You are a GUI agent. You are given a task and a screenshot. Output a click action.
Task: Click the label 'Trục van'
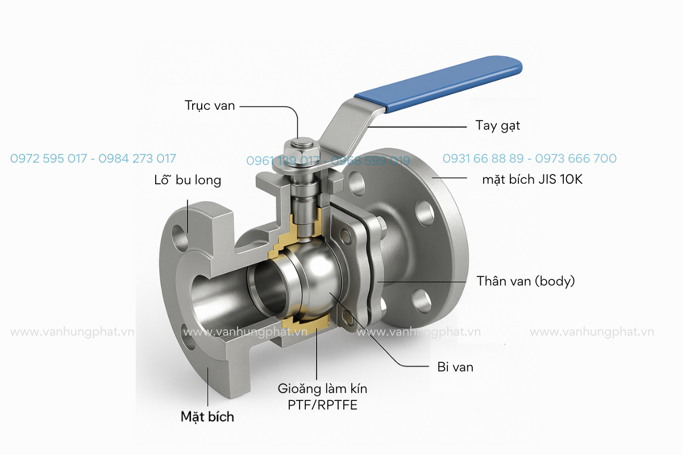click(x=210, y=105)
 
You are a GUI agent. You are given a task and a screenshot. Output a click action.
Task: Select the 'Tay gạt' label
click(x=497, y=126)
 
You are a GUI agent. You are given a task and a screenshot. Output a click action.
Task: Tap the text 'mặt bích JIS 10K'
click(x=533, y=180)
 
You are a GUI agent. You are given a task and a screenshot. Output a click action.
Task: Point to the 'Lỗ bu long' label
click(x=188, y=180)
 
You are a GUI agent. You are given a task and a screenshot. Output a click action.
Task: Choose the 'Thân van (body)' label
click(x=526, y=281)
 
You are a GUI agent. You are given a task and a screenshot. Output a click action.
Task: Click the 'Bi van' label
click(x=455, y=367)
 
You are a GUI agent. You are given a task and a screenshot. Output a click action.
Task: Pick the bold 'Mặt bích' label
click(x=207, y=416)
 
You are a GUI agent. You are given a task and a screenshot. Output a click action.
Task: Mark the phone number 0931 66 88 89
click(x=483, y=158)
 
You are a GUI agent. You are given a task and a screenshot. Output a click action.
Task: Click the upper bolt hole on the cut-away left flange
click(x=181, y=238)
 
